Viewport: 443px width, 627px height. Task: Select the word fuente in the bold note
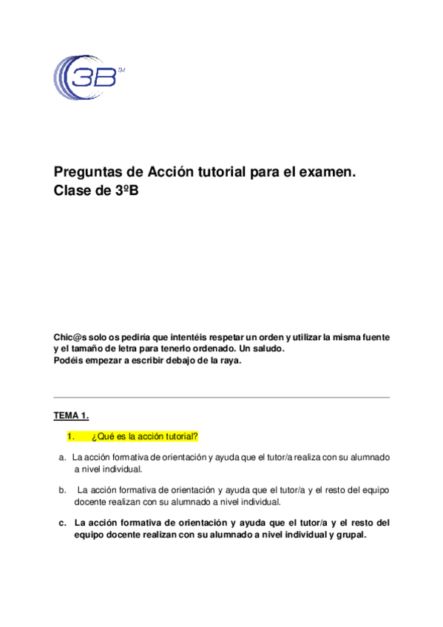(373, 337)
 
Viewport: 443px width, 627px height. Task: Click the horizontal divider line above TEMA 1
(221, 397)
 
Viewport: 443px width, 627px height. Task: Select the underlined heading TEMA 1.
(72, 416)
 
